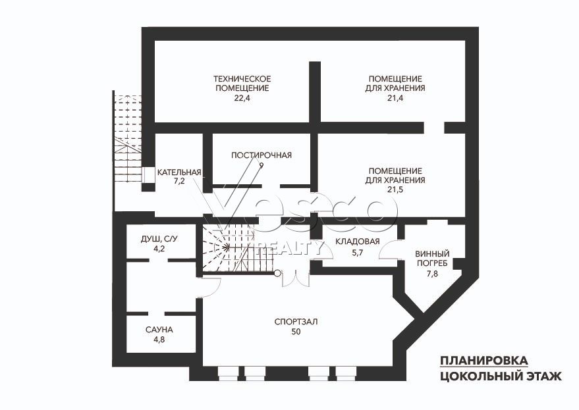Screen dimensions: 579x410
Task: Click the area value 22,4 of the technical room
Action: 242,98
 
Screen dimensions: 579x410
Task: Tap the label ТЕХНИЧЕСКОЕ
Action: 242,79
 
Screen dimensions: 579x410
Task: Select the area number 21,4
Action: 395,98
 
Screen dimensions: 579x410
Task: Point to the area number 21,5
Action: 395,190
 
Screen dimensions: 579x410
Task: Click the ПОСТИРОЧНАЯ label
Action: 262,155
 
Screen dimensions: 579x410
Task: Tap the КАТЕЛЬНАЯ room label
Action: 179,172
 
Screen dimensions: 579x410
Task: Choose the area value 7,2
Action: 179,182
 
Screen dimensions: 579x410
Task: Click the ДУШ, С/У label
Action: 159,239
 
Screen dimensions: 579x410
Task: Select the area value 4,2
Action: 159,249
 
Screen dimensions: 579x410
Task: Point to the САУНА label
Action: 159,330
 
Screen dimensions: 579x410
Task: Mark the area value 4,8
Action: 159,340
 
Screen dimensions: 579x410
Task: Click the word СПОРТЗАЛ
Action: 296,322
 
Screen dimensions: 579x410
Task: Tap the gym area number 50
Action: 296,332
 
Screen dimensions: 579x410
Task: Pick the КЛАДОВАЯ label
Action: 358,242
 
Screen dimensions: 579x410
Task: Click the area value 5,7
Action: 358,253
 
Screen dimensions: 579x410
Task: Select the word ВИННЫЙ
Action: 432,254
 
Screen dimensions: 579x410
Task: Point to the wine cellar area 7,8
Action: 432,274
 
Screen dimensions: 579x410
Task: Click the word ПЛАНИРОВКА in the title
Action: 483,360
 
